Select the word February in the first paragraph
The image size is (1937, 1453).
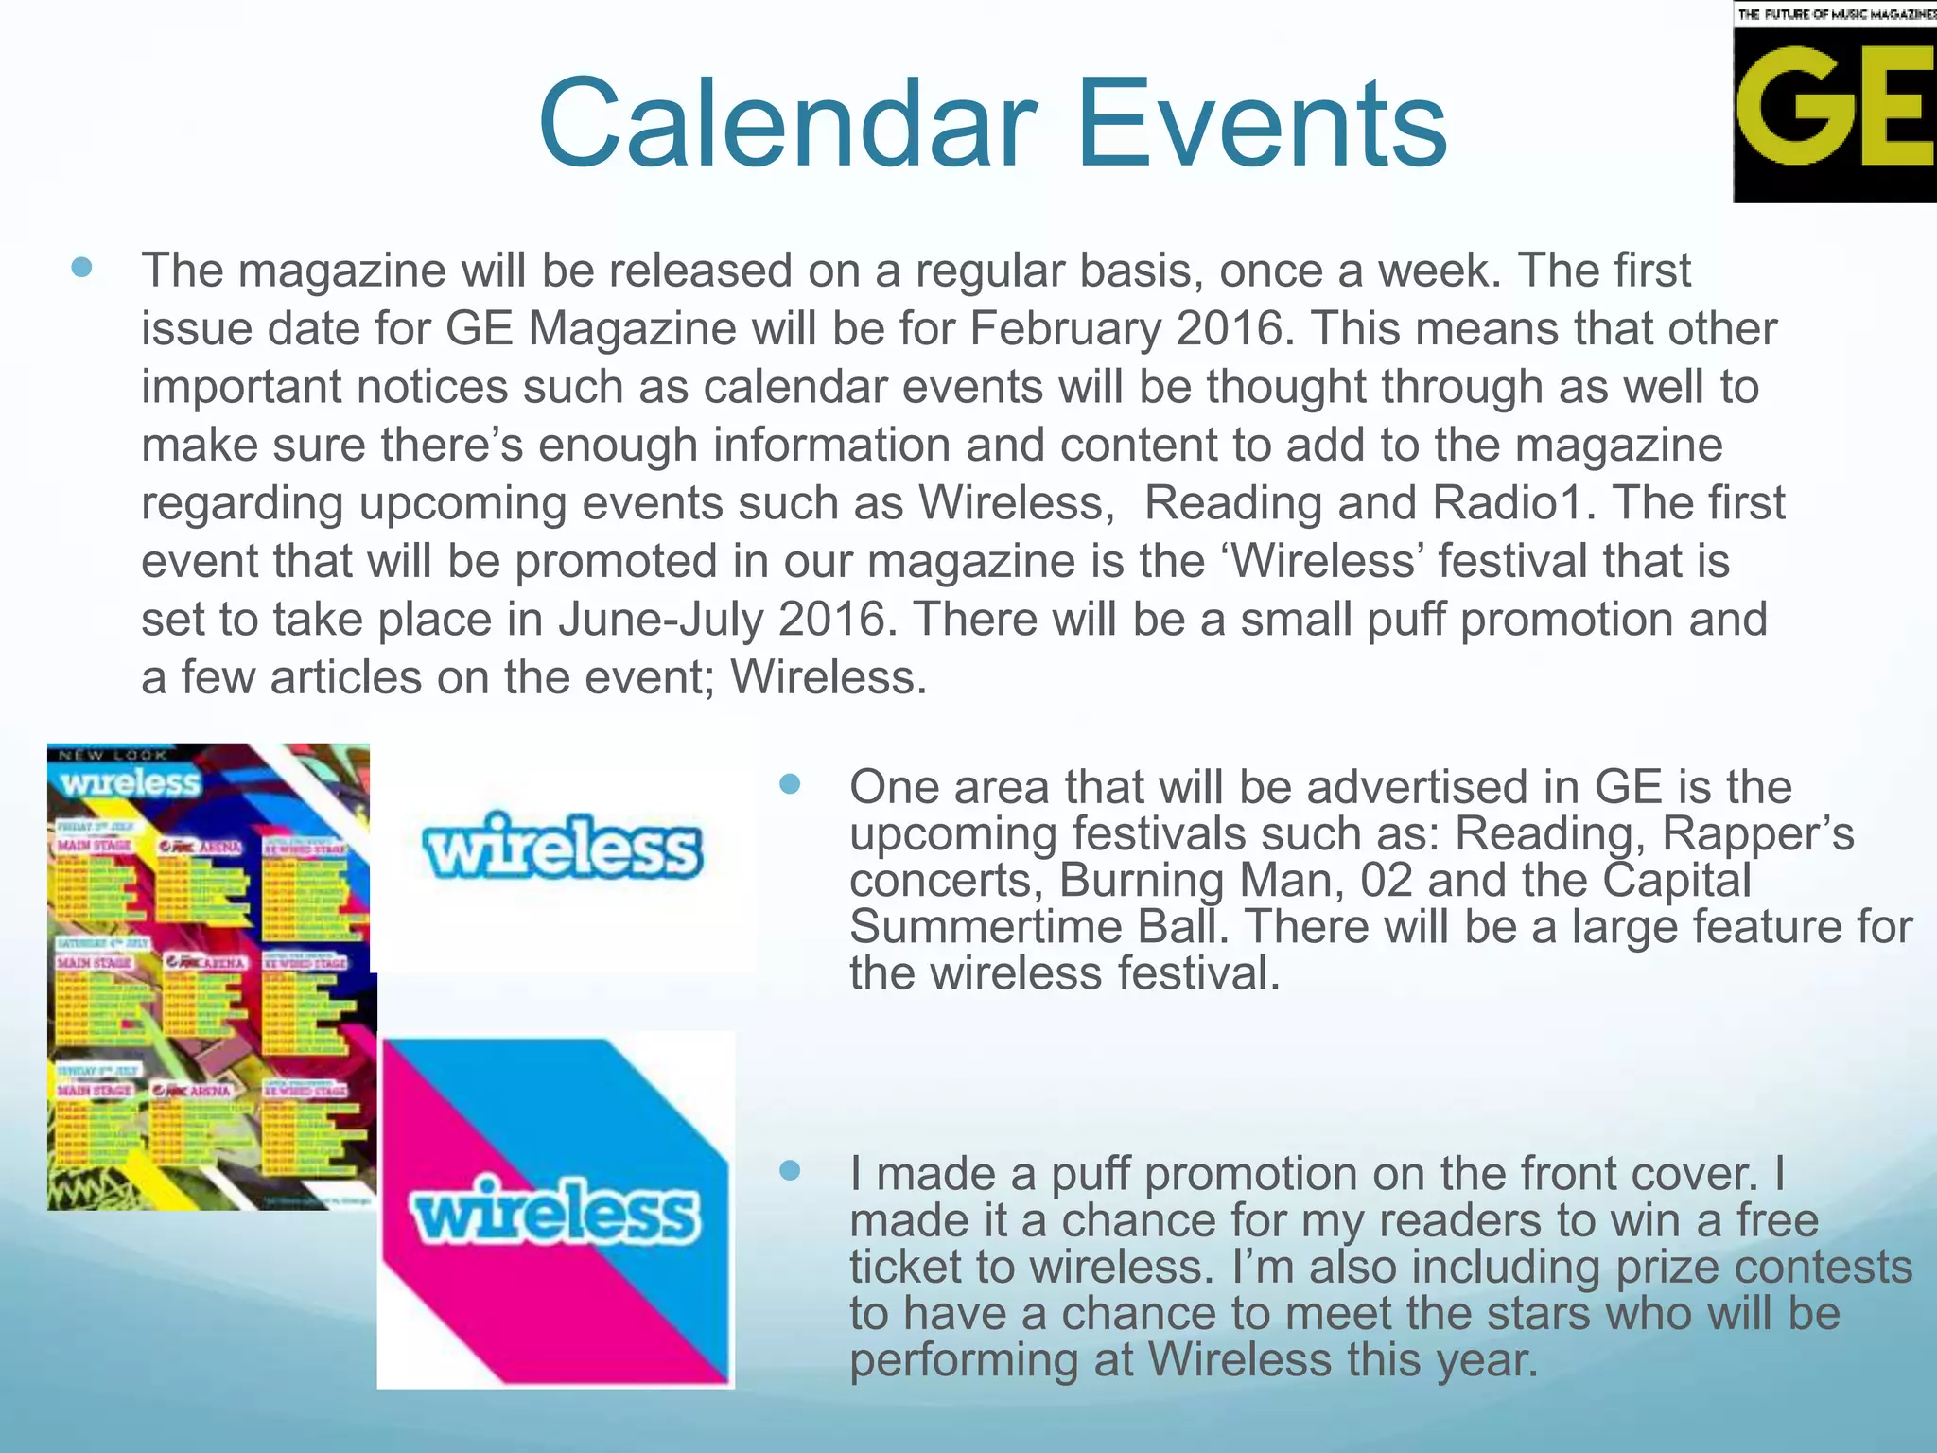1064,329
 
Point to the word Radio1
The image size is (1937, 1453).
1508,502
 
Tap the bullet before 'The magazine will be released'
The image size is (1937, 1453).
82,268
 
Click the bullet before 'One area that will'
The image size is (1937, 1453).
790,783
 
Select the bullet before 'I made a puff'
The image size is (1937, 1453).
790,1171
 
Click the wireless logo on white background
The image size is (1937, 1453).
564,848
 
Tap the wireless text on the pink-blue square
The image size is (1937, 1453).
555,1211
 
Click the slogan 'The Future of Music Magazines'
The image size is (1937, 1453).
1836,13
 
